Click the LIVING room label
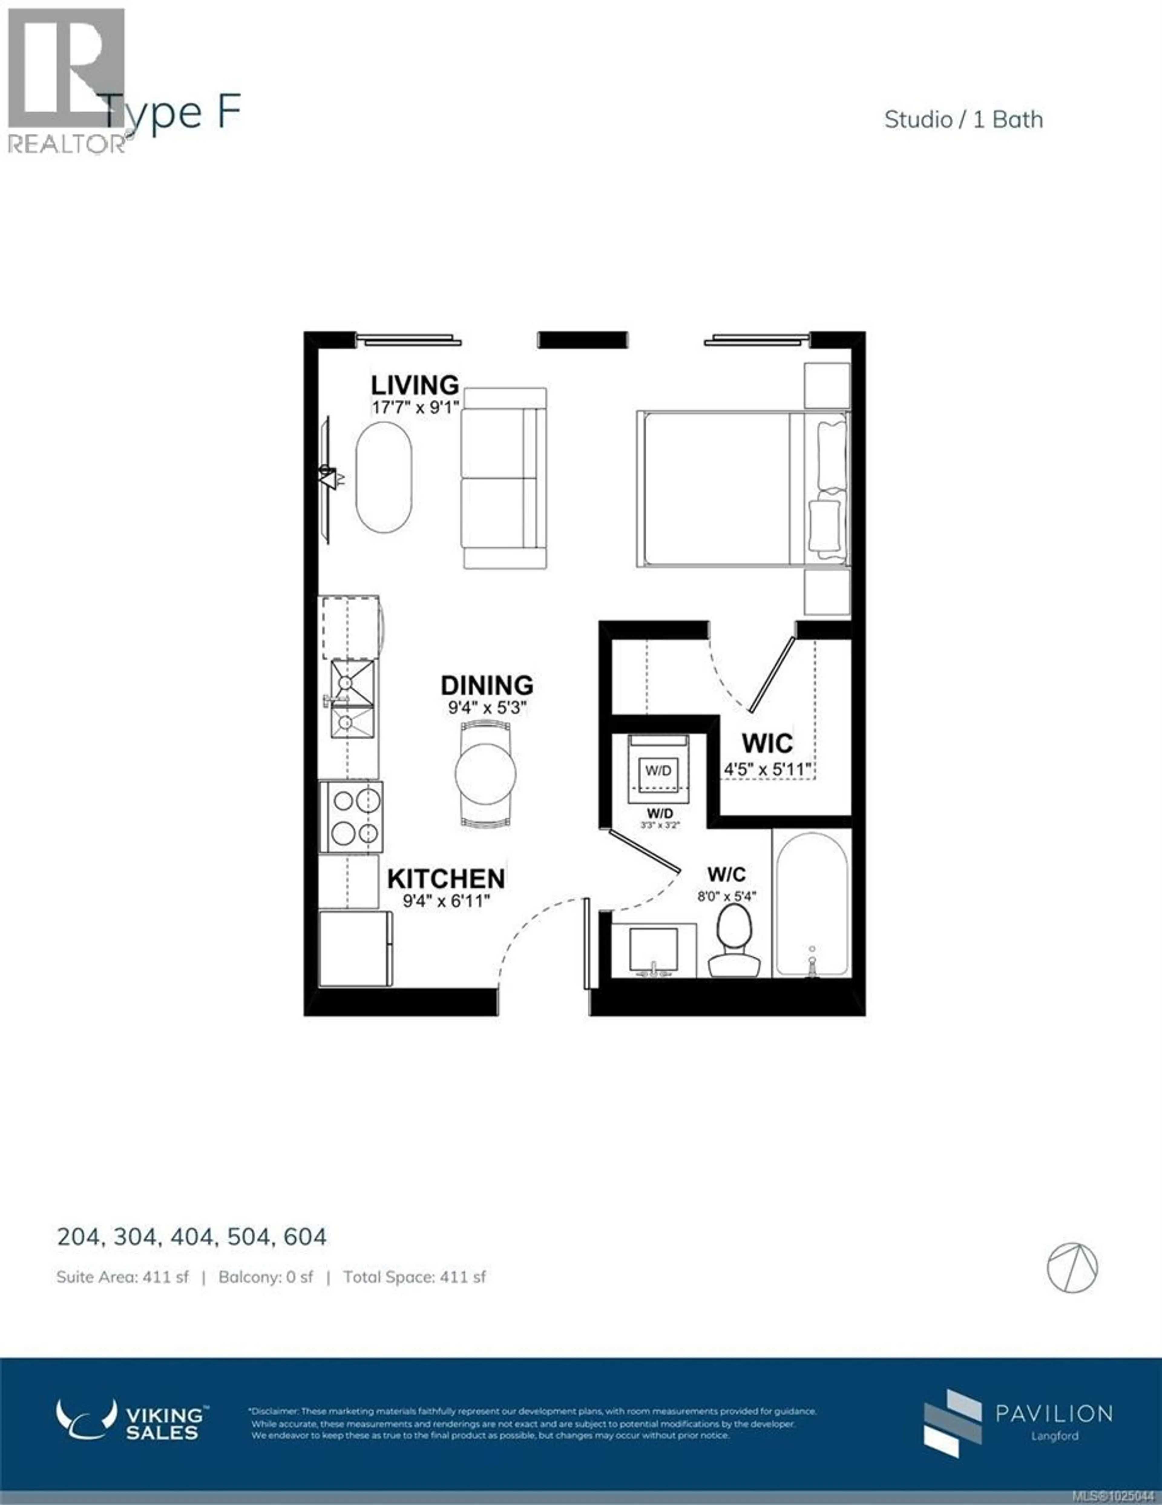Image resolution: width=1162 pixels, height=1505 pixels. click(x=415, y=385)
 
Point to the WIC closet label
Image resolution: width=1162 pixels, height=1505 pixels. click(x=766, y=744)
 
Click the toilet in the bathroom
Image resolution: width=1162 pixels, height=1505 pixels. click(x=734, y=941)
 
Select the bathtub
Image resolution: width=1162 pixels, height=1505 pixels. click(x=811, y=904)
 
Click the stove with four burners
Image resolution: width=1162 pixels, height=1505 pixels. click(x=351, y=817)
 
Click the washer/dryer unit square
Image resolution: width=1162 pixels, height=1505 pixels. click(x=658, y=771)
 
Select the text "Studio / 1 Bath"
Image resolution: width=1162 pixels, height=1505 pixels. click(x=963, y=120)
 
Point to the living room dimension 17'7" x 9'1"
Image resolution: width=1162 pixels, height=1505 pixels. click(x=415, y=407)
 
